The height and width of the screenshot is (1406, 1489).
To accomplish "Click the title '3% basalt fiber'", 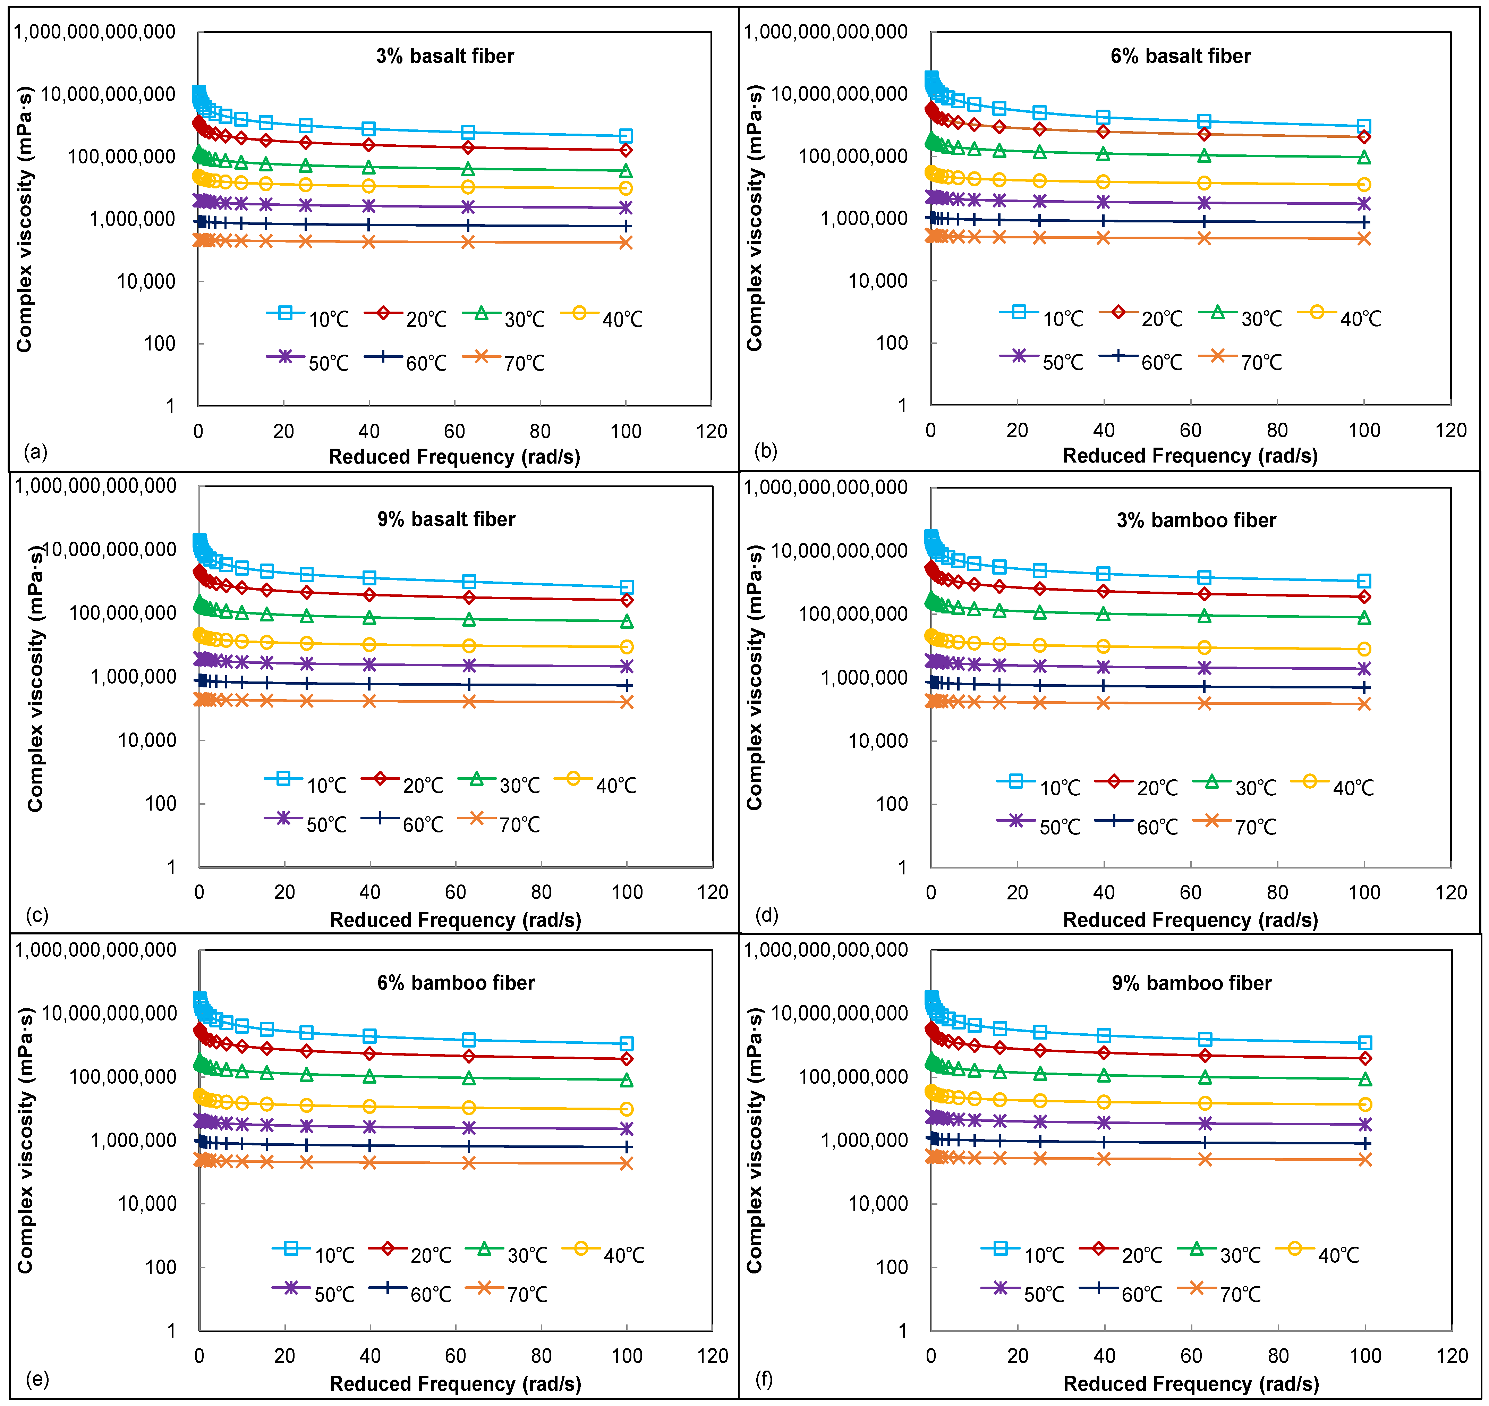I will [445, 56].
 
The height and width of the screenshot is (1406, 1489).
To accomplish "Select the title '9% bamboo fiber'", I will [1191, 983].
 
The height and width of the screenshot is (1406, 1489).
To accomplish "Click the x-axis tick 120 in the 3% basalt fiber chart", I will [711, 432].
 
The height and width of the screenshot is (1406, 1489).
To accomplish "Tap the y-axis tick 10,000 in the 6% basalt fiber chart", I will [877, 281].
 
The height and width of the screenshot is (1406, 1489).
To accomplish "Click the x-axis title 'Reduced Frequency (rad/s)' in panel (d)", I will [1190, 920].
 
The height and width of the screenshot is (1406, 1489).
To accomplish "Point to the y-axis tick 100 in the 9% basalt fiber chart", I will [160, 803].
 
